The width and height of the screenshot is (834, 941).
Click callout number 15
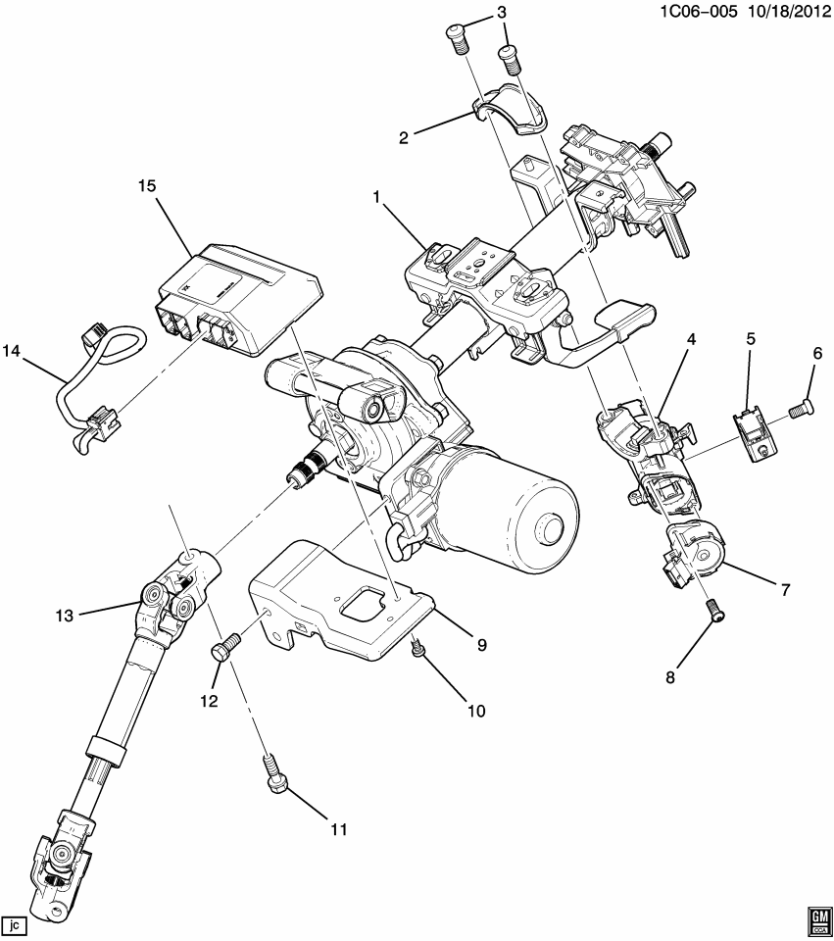[147, 185]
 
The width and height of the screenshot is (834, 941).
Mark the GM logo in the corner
[817, 918]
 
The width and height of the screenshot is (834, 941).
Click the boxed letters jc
[15, 924]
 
